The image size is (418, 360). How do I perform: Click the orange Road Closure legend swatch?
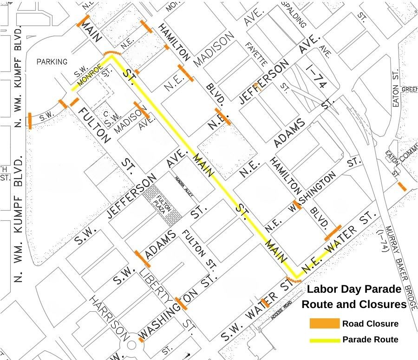click(324, 323)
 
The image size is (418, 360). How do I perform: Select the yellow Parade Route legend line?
click(324, 340)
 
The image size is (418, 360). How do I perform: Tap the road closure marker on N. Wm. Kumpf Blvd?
click(30, 120)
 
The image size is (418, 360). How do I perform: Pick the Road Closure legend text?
click(370, 324)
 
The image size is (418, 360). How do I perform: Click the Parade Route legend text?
click(370, 340)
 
